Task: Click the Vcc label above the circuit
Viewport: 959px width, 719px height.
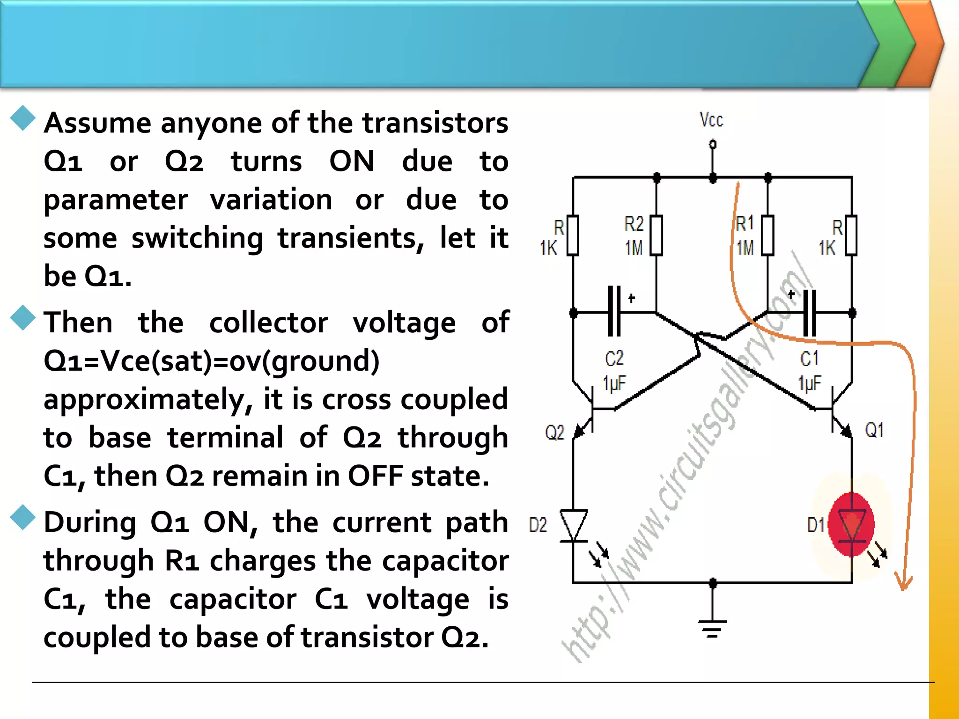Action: point(711,120)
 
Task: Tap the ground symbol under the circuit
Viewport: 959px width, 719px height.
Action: point(712,628)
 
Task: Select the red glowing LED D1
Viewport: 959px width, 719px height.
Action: point(851,524)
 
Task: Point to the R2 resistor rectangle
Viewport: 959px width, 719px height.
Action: point(657,235)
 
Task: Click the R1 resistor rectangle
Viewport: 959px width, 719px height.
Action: point(767,235)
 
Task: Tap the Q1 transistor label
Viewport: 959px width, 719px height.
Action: point(874,430)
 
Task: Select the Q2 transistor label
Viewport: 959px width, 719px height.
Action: point(555,432)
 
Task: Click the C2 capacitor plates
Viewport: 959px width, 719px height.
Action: point(614,311)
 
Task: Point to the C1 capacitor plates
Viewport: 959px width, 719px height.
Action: point(810,313)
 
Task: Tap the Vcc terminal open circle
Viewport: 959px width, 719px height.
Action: point(713,144)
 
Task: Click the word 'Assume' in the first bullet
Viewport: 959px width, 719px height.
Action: point(97,123)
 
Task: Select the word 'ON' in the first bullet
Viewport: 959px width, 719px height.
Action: point(352,161)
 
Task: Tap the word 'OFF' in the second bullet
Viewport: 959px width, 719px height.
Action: point(375,476)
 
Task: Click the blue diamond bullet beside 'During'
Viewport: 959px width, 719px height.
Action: point(23,518)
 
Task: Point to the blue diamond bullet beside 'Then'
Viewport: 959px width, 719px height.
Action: point(23,318)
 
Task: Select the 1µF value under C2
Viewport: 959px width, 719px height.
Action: point(614,383)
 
